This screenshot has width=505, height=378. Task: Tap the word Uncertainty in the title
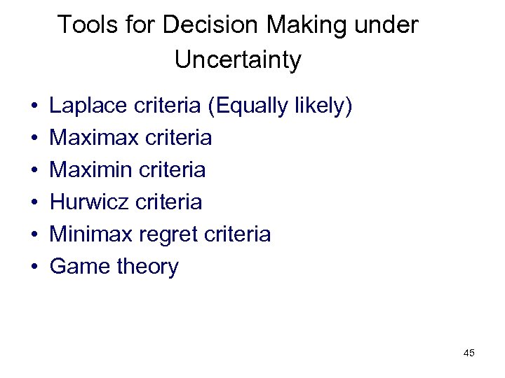coord(238,60)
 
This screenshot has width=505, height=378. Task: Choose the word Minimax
coord(89,234)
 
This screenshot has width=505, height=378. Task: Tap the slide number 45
coord(469,353)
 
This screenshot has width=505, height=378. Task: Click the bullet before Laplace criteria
coord(34,108)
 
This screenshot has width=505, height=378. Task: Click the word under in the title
coord(386,26)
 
